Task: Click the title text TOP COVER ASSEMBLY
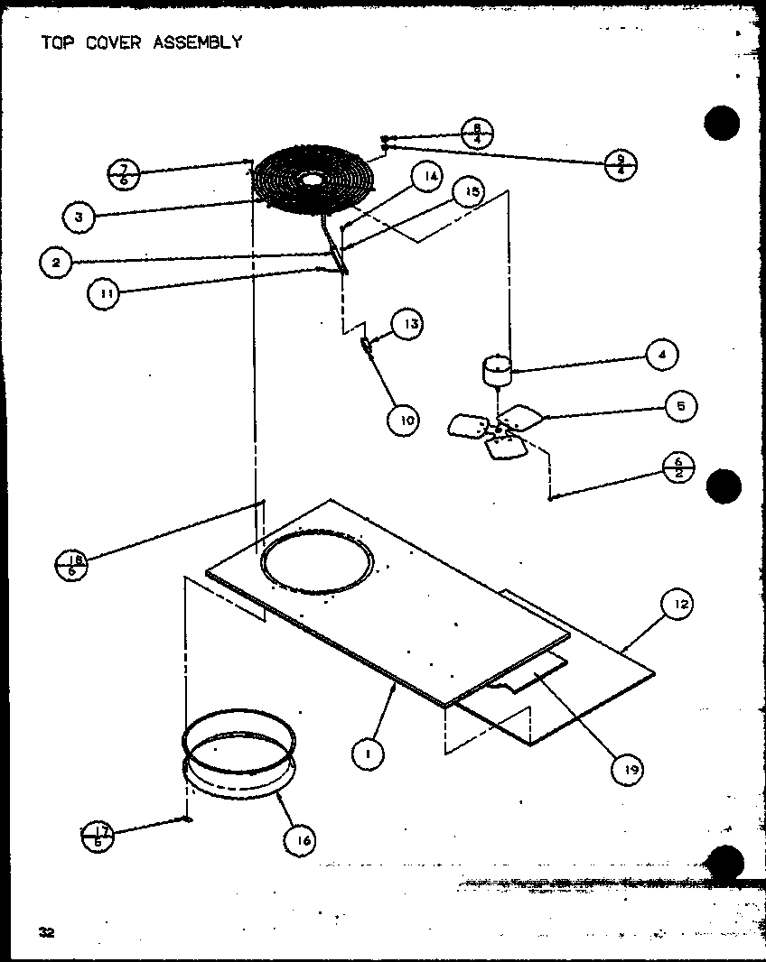click(x=142, y=42)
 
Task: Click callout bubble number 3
click(x=79, y=217)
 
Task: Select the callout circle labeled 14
click(x=431, y=177)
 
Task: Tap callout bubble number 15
click(x=469, y=192)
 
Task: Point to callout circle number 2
click(x=56, y=263)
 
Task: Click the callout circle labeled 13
click(x=407, y=324)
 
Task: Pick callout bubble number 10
click(x=406, y=419)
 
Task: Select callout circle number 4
click(x=662, y=355)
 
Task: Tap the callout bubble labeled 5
click(x=680, y=406)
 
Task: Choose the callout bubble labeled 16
click(x=302, y=840)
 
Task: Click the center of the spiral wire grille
click(x=312, y=180)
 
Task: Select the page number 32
click(x=47, y=933)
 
